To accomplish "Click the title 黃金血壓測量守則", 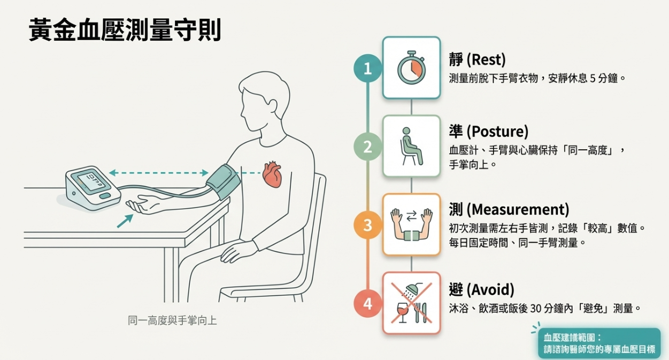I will pyautogui.click(x=125, y=31).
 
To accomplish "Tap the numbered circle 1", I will pyautogui.click(x=367, y=68).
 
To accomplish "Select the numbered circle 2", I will pyautogui.click(x=367, y=147).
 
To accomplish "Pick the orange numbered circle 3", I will pyautogui.click(x=367, y=225).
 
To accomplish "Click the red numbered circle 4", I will pyautogui.click(x=367, y=304).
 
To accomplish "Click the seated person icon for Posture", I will pyautogui.click(x=411, y=146).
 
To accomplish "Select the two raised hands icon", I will pyautogui.click(x=411, y=225).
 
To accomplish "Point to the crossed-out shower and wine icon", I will pyautogui.click(x=411, y=303).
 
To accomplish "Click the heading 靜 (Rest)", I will pyautogui.click(x=477, y=59).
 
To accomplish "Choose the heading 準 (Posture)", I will pyautogui.click(x=488, y=131).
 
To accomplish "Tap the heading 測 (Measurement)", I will pyautogui.click(x=509, y=209).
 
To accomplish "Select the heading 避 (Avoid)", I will pyautogui.click(x=481, y=290).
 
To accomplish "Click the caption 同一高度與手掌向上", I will pyautogui.click(x=172, y=321).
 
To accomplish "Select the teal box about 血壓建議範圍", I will pyautogui.click(x=599, y=343).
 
